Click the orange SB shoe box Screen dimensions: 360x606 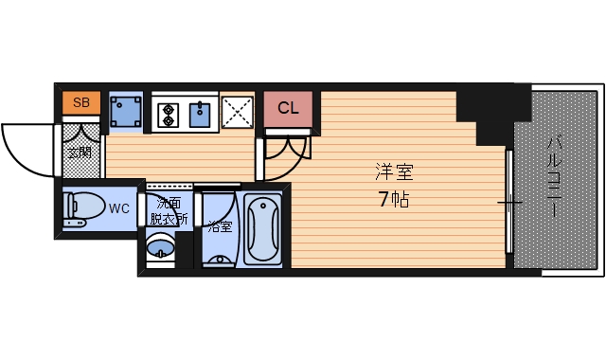[81, 101]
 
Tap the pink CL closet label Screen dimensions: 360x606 [288, 107]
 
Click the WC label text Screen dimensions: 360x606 [119, 208]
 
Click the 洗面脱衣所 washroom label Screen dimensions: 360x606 [168, 210]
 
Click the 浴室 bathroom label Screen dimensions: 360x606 [220, 227]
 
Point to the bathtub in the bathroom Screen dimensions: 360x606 [261, 228]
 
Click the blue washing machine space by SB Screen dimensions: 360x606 [125, 113]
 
